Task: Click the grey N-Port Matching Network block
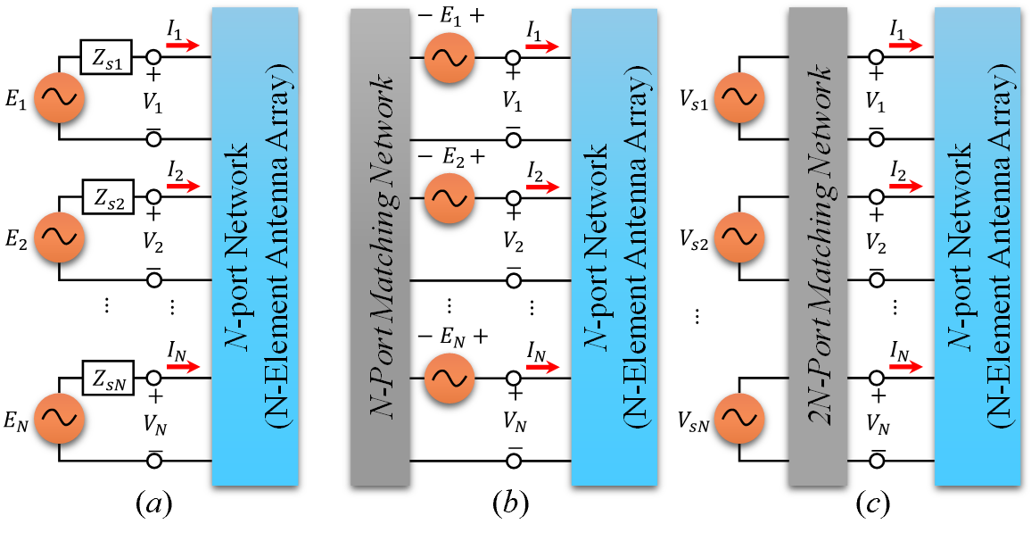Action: tap(380, 246)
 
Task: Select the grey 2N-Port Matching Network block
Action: tap(817, 246)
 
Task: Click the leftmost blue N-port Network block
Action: tap(255, 246)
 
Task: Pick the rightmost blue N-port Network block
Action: tap(977, 246)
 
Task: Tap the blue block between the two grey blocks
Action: tap(614, 246)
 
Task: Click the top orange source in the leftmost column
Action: tap(59, 97)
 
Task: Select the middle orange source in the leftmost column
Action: tap(59, 237)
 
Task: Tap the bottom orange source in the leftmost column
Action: tap(59, 417)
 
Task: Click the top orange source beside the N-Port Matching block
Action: tap(450, 58)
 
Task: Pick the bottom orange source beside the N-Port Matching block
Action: tap(450, 378)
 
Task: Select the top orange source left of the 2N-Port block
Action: tap(738, 97)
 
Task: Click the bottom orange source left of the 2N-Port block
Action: tap(738, 417)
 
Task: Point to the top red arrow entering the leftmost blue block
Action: tap(184, 46)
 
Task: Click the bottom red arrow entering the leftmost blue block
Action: tap(184, 367)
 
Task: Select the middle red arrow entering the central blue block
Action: tap(542, 187)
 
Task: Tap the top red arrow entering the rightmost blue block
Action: tap(905, 46)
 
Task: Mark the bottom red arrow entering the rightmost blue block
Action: tap(905, 367)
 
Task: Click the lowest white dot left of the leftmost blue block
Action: tap(153, 461)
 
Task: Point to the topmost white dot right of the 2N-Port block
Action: tap(877, 57)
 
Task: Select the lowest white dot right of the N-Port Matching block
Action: tap(513, 461)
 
